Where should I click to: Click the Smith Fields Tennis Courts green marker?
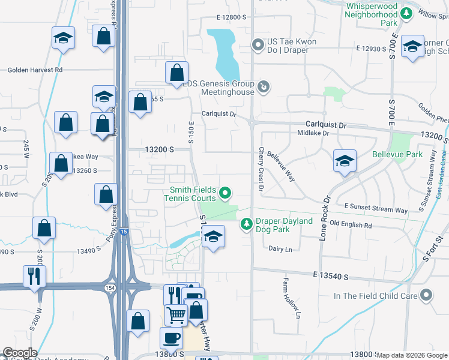(225, 193)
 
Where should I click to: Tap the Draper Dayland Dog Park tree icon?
(246, 224)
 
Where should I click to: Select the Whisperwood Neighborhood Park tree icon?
(406, 13)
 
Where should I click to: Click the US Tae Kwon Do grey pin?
(258, 45)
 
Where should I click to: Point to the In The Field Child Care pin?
(426, 295)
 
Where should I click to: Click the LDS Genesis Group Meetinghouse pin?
(263, 88)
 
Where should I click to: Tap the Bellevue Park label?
(414, 154)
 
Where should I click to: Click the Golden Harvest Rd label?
(35, 70)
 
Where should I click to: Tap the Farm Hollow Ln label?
(292, 297)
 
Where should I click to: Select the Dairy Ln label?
(280, 248)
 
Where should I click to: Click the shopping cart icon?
(176, 315)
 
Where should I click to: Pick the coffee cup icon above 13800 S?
(172, 338)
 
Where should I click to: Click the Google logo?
(20, 353)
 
